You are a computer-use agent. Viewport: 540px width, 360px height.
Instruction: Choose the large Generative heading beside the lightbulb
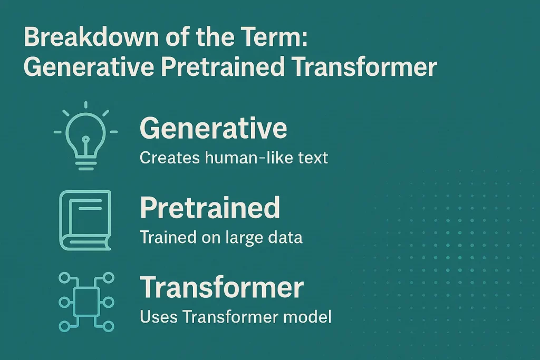tap(214, 128)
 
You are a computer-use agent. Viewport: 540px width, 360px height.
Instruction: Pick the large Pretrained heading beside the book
tap(210, 208)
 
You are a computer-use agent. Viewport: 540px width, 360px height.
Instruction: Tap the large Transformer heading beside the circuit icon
tap(221, 288)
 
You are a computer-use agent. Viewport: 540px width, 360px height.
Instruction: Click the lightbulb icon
tap(85, 135)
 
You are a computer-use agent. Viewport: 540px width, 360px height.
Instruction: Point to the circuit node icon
tap(85, 301)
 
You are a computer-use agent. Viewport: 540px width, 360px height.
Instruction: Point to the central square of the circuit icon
tap(85, 302)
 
